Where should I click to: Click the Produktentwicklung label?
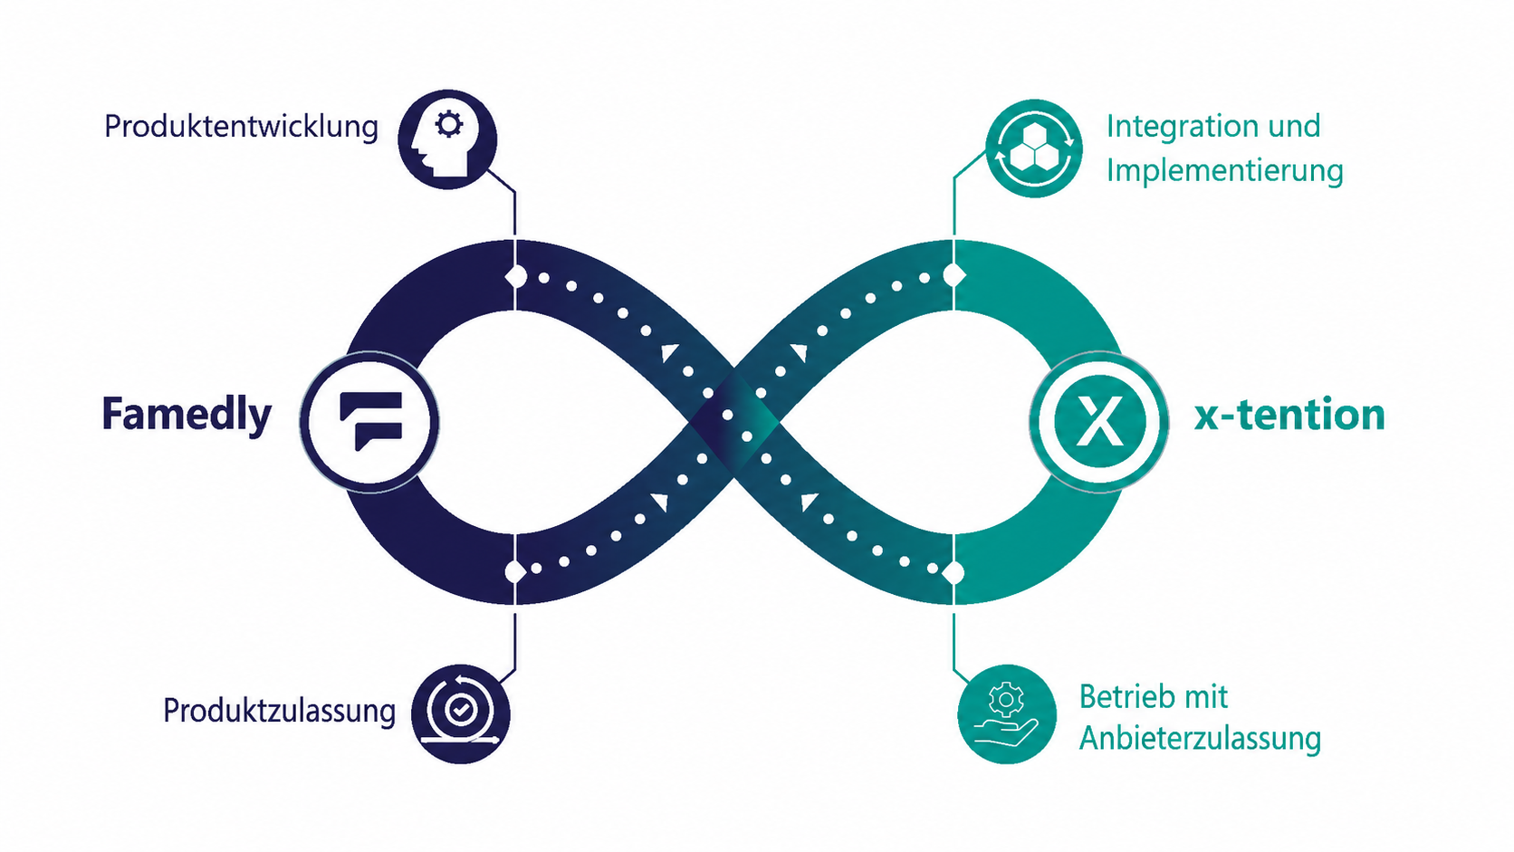click(241, 127)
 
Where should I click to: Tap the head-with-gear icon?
click(447, 139)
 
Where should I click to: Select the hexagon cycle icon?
click(1033, 148)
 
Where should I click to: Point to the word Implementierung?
click(1225, 170)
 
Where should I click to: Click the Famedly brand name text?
click(187, 414)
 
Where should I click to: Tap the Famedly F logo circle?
click(369, 422)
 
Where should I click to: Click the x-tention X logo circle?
click(1099, 422)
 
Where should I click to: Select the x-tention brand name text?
click(1289, 415)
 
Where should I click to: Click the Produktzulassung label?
click(279, 711)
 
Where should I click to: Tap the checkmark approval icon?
click(460, 713)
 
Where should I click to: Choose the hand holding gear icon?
click(1006, 714)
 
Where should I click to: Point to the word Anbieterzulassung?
click(1200, 739)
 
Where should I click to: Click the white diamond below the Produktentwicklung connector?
click(516, 276)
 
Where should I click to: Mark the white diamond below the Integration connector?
click(953, 275)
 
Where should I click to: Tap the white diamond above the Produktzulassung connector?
click(516, 572)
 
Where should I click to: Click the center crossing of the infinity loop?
click(734, 422)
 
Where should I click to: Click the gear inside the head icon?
click(449, 124)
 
